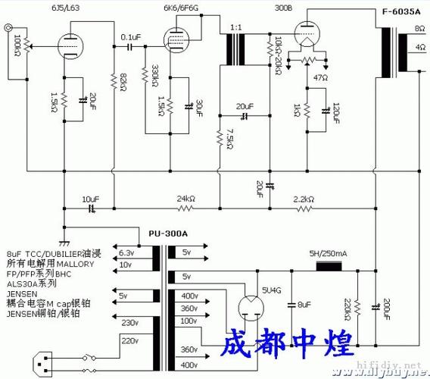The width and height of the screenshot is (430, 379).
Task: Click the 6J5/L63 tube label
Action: coord(64,7)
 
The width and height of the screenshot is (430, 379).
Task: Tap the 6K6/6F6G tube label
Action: coord(182,7)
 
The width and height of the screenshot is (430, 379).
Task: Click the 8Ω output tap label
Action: coord(419,27)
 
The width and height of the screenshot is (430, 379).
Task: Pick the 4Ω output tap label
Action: coord(419,47)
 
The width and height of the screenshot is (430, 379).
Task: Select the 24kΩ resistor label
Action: coord(186,199)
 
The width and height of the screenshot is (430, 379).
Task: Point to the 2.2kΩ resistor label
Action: coord(304,199)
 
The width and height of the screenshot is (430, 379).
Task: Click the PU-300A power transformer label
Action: coord(167,234)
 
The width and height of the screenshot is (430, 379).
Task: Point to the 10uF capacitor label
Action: coord(91,199)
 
